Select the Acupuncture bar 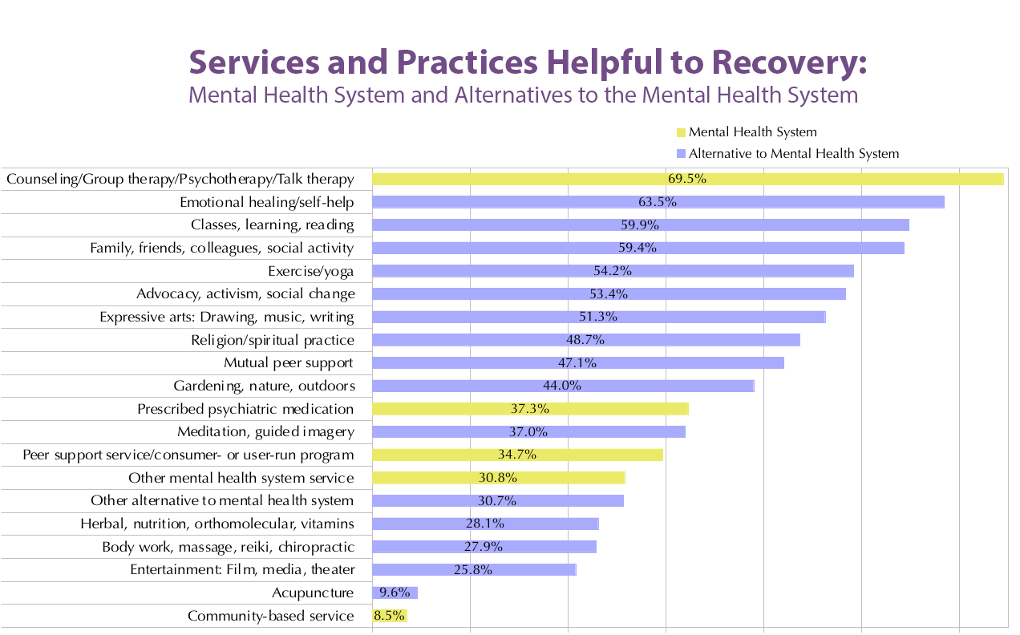click(x=395, y=593)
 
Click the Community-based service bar click(x=390, y=616)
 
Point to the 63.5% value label click(x=658, y=202)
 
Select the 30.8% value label click(x=497, y=478)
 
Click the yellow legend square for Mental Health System click(x=682, y=132)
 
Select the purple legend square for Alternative click(x=682, y=154)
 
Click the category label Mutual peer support click(x=289, y=363)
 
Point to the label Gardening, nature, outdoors click(x=264, y=386)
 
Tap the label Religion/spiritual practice click(x=273, y=340)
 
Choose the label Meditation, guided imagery click(x=265, y=432)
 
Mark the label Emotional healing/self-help click(x=266, y=202)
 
